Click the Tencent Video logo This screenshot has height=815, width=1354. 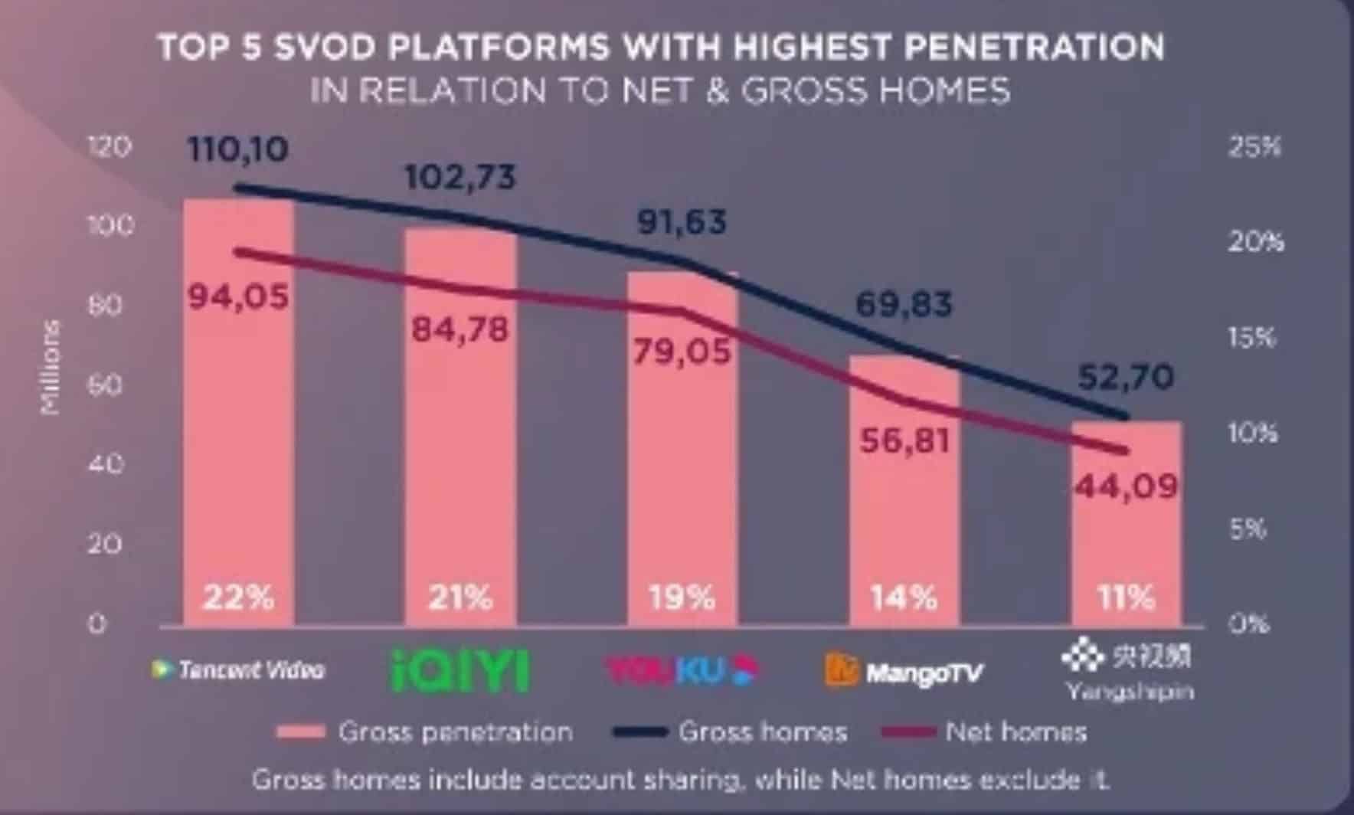(x=239, y=670)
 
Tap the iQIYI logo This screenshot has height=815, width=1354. (x=460, y=671)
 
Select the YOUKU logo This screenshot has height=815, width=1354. (x=681, y=671)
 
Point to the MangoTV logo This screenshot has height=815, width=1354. (x=904, y=672)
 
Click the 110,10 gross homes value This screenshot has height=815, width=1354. (x=238, y=149)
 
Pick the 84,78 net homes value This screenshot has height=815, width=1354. (x=460, y=330)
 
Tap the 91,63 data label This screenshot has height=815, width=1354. (x=682, y=222)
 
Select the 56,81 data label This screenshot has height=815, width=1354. (x=904, y=440)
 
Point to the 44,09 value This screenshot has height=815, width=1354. (x=1126, y=486)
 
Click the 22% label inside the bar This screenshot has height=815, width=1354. (x=238, y=597)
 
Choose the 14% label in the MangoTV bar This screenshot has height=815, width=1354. (x=904, y=597)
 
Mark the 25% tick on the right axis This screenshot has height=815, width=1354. (x=1254, y=146)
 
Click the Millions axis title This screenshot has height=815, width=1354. (x=51, y=368)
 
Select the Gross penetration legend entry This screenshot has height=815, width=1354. (x=425, y=732)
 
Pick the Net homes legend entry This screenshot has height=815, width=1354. (x=985, y=732)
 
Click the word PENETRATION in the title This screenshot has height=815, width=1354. (x=1034, y=47)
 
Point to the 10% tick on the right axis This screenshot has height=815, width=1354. (x=1254, y=434)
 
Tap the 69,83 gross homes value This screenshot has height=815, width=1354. (x=904, y=305)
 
